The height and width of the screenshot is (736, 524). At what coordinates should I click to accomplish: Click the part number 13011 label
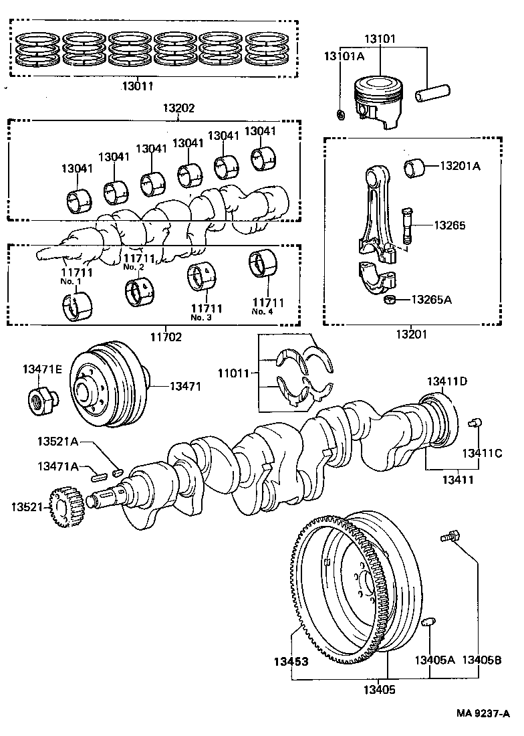(137, 86)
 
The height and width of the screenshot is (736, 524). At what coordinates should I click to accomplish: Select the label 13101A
(344, 56)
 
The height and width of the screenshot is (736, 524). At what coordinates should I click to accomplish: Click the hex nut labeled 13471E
(42, 399)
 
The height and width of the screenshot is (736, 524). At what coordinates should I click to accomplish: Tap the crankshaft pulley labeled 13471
(107, 386)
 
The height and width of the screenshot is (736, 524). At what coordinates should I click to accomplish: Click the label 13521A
(57, 442)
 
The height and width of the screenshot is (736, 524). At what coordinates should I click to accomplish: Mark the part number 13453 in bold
(291, 662)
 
